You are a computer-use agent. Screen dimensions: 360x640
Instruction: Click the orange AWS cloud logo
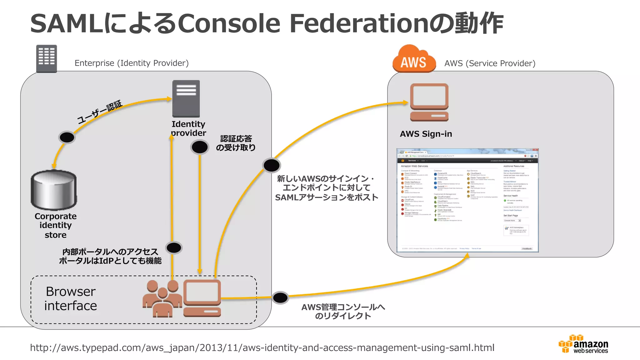(414, 59)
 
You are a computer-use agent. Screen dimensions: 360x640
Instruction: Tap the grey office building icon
(47, 58)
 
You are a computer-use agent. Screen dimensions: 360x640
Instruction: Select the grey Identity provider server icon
(186, 98)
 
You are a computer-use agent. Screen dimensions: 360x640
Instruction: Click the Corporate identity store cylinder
(54, 190)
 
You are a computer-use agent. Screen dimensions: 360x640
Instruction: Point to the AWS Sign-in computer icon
(429, 102)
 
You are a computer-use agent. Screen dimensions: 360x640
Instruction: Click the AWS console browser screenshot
(467, 200)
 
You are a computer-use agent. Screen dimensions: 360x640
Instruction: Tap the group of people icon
(162, 298)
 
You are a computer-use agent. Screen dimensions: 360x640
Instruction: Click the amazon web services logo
(583, 344)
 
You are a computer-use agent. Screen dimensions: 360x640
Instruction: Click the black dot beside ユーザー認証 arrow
(67, 137)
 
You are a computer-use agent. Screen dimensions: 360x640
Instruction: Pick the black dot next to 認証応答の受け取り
(200, 147)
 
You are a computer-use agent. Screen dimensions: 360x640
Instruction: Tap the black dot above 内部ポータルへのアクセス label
(174, 248)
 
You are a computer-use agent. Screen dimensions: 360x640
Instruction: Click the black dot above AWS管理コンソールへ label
(280, 297)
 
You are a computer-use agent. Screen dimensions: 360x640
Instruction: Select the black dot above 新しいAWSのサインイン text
(272, 165)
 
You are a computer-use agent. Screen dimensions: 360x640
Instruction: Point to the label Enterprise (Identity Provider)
(132, 63)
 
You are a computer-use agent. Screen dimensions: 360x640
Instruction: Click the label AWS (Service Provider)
(490, 63)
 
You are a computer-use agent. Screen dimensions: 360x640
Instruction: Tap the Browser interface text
(71, 298)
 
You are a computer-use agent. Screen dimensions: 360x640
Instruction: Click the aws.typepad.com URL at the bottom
(262, 347)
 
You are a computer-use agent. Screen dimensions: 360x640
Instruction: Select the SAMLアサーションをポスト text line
(327, 197)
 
